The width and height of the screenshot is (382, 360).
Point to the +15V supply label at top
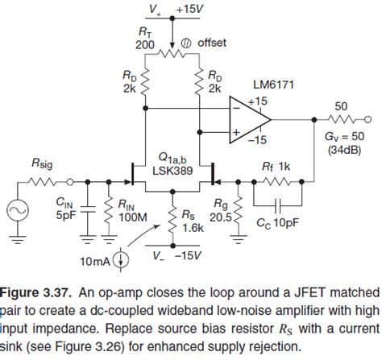click(x=191, y=9)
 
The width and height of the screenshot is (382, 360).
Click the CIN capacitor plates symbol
click(x=88, y=205)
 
